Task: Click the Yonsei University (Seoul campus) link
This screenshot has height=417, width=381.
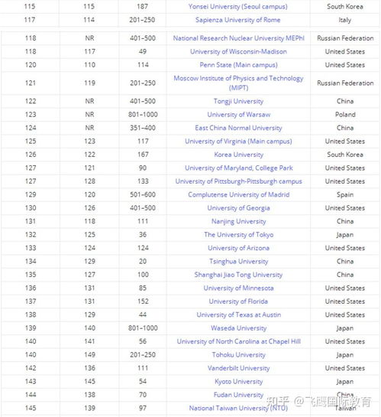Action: [238, 6]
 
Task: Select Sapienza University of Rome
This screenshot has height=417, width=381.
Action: [238, 20]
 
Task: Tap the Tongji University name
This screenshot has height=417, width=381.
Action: [238, 101]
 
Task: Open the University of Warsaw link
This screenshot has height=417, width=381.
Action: [238, 115]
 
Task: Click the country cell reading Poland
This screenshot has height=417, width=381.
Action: [345, 115]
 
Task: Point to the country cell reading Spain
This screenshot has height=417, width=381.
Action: [345, 194]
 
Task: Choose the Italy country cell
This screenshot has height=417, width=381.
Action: [345, 20]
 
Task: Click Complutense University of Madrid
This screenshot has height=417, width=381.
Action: [238, 194]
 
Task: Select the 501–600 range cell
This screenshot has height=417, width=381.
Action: [144, 194]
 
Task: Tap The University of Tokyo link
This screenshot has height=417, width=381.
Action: [238, 235]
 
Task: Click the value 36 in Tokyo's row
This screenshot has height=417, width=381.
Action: [144, 235]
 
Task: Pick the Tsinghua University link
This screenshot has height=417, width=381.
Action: [238, 262]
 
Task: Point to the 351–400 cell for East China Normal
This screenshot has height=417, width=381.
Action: [144, 128]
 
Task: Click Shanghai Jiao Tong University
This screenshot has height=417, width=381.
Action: [238, 275]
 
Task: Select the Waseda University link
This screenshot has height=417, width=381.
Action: [238, 328]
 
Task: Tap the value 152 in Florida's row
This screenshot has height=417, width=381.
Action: [144, 301]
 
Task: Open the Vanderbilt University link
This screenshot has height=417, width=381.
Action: [238, 368]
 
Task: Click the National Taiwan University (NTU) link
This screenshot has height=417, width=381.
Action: [238, 409]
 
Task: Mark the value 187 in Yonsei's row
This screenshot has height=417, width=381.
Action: [144, 6]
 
